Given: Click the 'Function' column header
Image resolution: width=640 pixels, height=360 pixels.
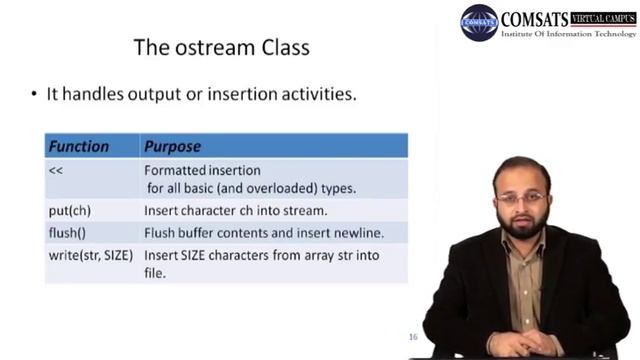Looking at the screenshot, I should point(79,146).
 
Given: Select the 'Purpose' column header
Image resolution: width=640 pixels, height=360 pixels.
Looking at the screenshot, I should point(172,146).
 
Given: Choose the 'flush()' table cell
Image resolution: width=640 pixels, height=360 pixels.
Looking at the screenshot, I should point(67,233).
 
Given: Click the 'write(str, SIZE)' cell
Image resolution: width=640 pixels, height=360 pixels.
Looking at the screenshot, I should point(91,255).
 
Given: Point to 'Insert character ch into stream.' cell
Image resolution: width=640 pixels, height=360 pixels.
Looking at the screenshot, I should point(235,211).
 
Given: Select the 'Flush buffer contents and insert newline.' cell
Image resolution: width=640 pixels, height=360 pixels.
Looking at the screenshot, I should point(264,233).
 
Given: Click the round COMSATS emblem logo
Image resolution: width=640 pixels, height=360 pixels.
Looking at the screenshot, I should point(479,22).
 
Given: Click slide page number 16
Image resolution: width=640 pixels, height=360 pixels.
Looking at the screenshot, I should point(413,337).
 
